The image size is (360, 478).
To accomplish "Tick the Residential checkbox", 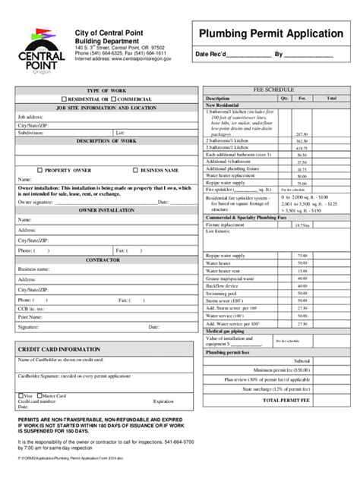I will (64, 99).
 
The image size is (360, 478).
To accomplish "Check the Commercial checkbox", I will (113, 99).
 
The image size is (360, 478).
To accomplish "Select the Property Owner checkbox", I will (41, 170).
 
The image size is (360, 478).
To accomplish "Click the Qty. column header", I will (285, 98).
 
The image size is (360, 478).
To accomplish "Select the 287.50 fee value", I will (302, 134).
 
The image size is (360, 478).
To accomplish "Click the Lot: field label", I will (120, 132).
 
